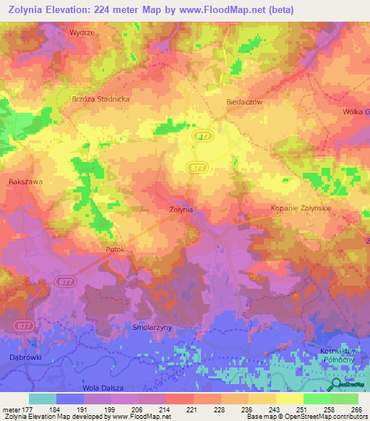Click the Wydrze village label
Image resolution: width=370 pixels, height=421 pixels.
pyautogui.click(x=82, y=33)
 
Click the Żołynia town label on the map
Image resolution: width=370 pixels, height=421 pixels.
pyautogui.click(x=181, y=209)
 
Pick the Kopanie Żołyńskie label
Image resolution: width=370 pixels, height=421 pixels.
pyautogui.click(x=301, y=208)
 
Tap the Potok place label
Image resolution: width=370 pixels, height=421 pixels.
pyautogui.click(x=115, y=250)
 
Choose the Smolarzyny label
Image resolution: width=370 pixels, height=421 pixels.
pyautogui.click(x=152, y=328)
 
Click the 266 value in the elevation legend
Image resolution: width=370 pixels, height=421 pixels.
pyautogui.click(x=356, y=409)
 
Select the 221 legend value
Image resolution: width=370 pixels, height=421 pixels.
pyautogui.click(x=191, y=409)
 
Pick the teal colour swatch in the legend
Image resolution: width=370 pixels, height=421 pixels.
pyautogui.click(x=42, y=399)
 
